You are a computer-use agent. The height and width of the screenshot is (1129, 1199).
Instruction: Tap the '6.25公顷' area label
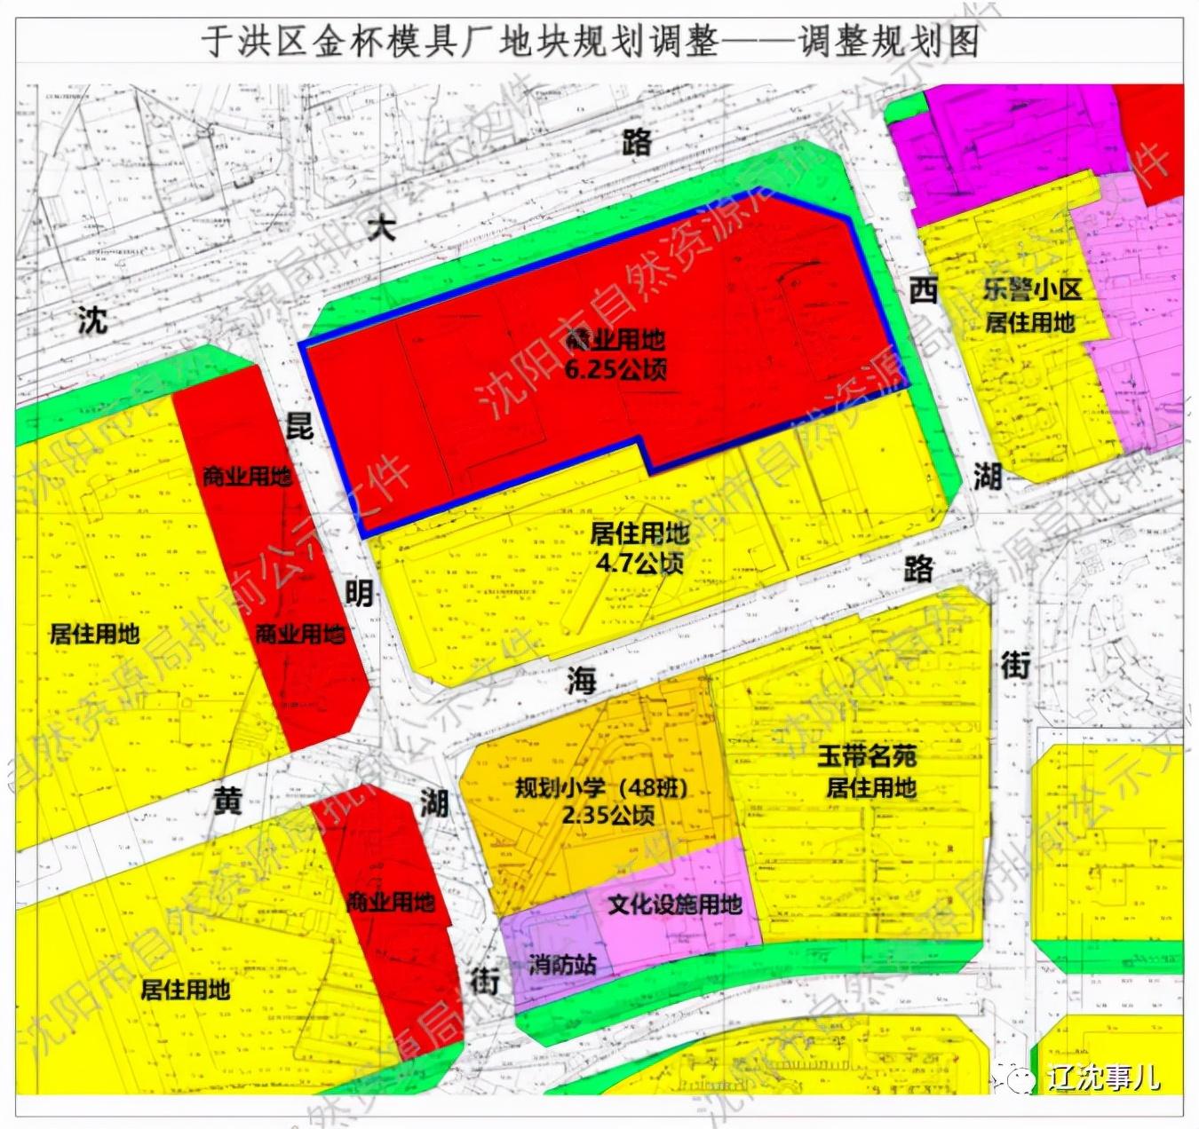(615, 368)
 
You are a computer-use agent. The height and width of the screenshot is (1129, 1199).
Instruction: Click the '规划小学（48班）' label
(601, 788)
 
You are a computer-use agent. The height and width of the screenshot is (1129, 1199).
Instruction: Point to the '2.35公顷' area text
(608, 815)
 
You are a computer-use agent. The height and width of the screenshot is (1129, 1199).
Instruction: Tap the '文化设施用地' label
(675, 904)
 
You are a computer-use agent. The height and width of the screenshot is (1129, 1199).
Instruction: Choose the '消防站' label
(562, 964)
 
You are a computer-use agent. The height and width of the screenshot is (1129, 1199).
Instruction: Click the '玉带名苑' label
(867, 757)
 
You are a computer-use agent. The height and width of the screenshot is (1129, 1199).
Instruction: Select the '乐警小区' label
(1031, 290)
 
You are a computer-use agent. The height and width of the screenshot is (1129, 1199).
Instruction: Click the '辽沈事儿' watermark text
(1103, 1077)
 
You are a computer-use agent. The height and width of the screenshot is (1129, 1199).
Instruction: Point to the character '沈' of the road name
(92, 320)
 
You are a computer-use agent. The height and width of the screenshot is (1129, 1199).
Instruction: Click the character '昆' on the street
(298, 425)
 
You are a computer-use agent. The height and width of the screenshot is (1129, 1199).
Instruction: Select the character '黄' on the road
(227, 801)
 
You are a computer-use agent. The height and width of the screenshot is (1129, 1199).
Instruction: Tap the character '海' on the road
(582, 681)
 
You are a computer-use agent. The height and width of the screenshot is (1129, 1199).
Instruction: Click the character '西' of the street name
(924, 289)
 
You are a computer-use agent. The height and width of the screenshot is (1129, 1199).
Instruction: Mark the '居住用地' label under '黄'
(185, 989)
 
